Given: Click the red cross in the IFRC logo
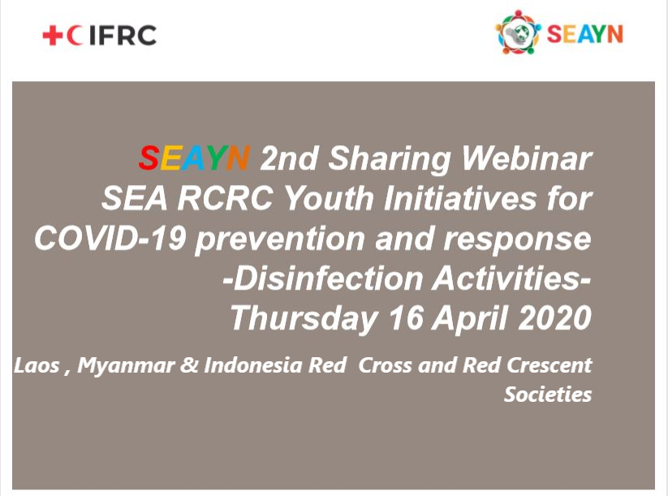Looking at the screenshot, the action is click(x=53, y=36).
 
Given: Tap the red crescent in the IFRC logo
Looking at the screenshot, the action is click(x=74, y=36).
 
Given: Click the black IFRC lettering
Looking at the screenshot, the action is click(x=123, y=36).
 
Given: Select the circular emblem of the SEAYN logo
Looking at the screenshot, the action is click(x=518, y=32).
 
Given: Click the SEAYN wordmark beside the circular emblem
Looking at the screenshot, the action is click(x=584, y=34).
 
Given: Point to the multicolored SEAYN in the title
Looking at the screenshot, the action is click(x=194, y=158).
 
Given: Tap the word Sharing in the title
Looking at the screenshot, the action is click(x=390, y=159).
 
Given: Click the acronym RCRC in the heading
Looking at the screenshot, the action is click(x=226, y=198).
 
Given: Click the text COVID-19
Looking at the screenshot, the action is click(x=110, y=238).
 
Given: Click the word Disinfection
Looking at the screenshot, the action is click(x=322, y=278).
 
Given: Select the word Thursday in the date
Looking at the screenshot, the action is click(x=304, y=319).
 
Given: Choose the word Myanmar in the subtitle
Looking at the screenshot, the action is click(x=126, y=366).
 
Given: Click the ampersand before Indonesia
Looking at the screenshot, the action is click(x=189, y=365).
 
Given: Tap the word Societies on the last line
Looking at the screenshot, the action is click(x=548, y=395).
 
